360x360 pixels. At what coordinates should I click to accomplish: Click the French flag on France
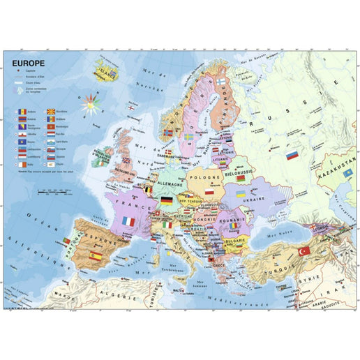[128, 221]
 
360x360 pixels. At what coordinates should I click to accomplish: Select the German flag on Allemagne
[167, 201]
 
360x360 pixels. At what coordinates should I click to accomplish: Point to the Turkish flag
[303, 250]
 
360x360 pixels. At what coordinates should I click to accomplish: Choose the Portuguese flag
[66, 241]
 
